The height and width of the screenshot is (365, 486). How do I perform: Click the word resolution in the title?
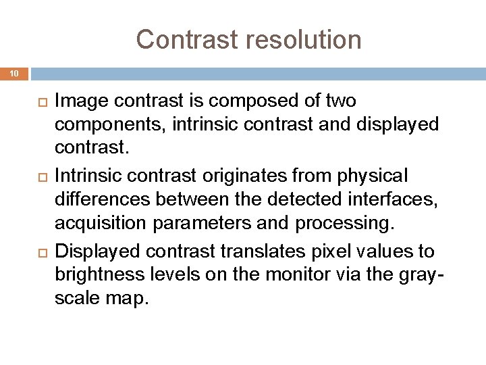tap(305, 40)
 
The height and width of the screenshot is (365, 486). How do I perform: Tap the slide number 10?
tap(15, 73)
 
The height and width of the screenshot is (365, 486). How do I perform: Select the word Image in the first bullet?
tap(76, 101)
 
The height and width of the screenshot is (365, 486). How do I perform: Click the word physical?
tap(369, 176)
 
